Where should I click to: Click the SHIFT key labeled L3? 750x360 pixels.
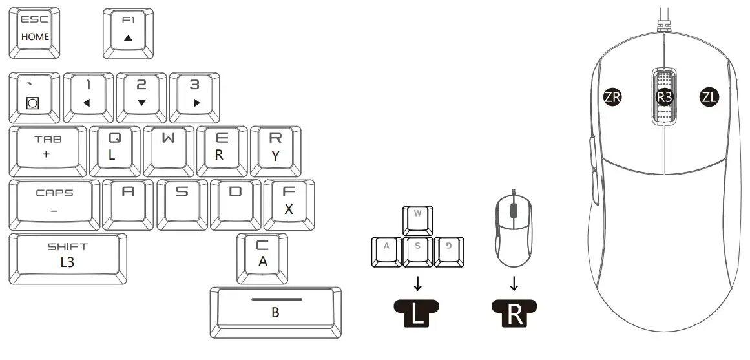tap(68, 257)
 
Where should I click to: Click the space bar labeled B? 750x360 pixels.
tap(275, 311)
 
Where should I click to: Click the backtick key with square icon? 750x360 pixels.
tap(34, 95)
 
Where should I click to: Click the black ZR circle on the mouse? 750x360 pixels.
tap(612, 98)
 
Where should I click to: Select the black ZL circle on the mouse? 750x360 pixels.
tap(709, 98)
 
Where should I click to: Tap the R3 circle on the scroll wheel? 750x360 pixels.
tap(664, 98)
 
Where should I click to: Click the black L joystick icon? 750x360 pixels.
tap(417, 313)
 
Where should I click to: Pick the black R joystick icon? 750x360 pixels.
tap(514, 313)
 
